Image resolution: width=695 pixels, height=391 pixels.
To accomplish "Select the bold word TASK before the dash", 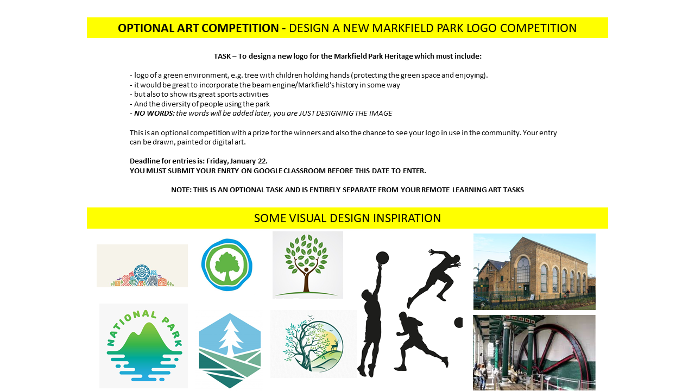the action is pos(222,56).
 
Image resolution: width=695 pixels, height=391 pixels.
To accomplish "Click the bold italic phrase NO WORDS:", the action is pos(154,113).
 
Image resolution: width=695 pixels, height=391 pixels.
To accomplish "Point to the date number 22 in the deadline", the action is pos(262,161).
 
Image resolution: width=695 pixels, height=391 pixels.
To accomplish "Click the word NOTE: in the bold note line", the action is pos(181,190).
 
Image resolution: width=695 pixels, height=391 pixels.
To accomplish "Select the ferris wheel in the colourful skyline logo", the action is pos(142,273).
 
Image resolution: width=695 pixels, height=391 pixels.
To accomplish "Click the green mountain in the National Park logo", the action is pos(145,340).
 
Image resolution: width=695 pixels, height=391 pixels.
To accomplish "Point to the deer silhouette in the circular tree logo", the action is pos(334,345).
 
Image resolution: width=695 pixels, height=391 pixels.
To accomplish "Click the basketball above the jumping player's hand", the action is pos(382,258).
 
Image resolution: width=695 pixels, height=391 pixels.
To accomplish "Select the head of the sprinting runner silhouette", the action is pos(456,259).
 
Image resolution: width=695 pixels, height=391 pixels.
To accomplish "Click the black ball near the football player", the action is pos(459,323).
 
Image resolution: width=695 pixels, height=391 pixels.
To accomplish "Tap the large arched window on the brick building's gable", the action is pos(523,270).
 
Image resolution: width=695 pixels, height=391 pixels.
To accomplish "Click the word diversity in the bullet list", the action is pos(179,104).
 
